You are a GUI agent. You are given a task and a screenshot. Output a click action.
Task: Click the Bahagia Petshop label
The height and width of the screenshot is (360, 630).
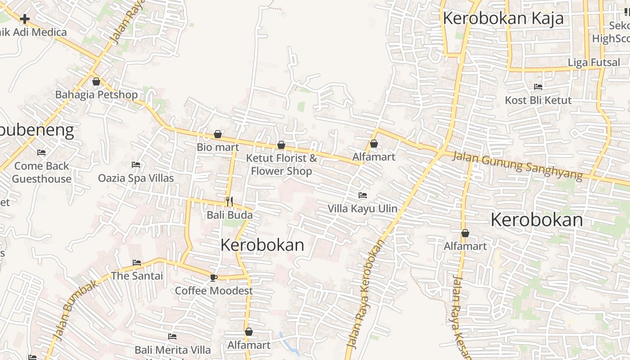tap(96, 95)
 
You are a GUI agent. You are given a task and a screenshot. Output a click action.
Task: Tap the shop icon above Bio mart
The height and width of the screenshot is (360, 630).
tap(218, 134)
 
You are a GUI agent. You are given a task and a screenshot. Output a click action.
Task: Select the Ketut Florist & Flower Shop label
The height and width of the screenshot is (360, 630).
tap(281, 165)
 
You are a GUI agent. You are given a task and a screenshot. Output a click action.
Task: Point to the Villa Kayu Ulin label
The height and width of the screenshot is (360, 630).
tap(362, 208)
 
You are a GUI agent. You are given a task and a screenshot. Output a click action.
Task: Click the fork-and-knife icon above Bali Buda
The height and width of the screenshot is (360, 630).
tap(229, 201)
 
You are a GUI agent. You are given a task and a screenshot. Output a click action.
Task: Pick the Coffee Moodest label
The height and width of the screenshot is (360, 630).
tap(214, 291)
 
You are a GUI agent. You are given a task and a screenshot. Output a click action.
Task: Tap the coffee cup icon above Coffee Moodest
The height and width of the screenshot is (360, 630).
tap(213, 278)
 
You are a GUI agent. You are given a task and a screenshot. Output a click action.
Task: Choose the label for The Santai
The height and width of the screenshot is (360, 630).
tap(137, 276)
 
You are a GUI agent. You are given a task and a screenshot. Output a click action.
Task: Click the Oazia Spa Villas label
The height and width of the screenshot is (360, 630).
tap(136, 178)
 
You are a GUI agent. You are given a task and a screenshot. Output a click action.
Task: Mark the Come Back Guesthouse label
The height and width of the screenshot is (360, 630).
tap(42, 172)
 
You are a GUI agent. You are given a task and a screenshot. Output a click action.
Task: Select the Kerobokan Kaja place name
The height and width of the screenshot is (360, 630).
tap(503, 18)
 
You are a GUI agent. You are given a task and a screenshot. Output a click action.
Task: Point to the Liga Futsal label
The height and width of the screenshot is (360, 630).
tap(594, 63)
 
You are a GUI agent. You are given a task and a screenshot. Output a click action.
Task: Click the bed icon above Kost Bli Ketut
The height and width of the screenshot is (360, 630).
tap(538, 87)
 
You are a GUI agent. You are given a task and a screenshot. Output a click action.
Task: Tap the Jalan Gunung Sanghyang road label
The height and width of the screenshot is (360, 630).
tap(517, 165)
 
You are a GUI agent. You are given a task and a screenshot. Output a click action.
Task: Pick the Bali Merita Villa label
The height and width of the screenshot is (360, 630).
tap(172, 350)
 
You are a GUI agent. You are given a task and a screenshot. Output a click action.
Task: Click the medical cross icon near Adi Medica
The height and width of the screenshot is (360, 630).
tap(25, 19)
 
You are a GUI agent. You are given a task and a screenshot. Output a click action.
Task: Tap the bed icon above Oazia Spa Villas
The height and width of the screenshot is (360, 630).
tap(136, 165)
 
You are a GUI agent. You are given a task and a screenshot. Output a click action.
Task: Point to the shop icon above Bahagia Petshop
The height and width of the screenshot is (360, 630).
tap(96, 81)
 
